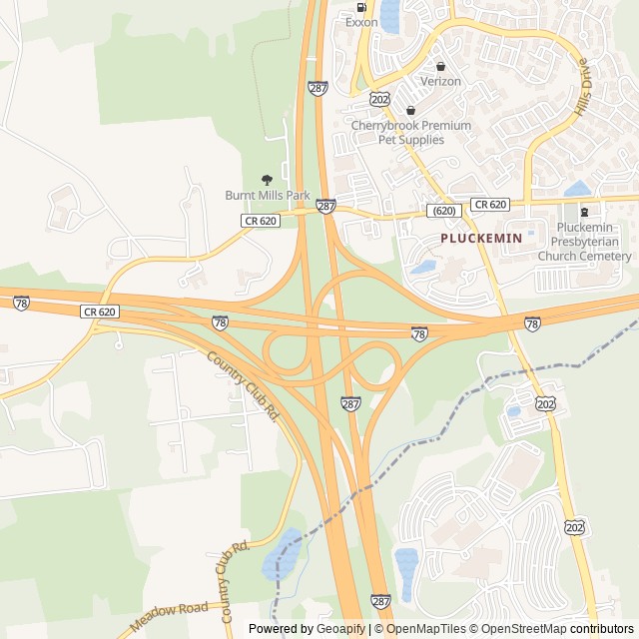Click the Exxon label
click(x=361, y=21)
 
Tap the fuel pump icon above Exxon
click(x=361, y=6)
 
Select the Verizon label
click(x=440, y=81)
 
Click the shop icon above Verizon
click(x=440, y=66)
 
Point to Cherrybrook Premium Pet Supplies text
click(x=410, y=133)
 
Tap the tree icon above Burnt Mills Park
click(x=267, y=180)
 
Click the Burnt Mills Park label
click(x=268, y=195)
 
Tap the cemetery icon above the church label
click(x=585, y=212)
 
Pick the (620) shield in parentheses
click(x=444, y=211)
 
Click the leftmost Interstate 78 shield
click(x=22, y=303)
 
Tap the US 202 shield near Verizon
click(x=378, y=100)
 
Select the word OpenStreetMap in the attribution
click(x=520, y=629)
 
